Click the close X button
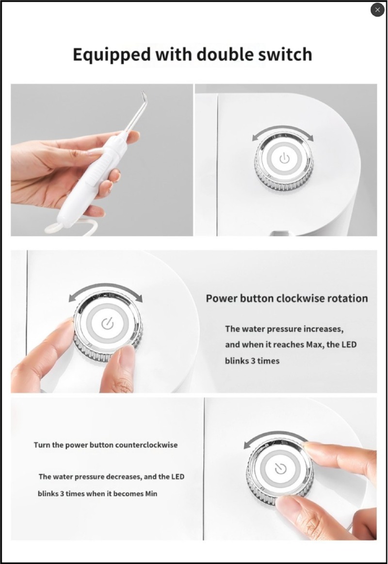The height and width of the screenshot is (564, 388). pyautogui.click(x=377, y=10)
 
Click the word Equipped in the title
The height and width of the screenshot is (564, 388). pyautogui.click(x=112, y=55)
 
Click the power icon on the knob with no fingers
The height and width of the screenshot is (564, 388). pyautogui.click(x=284, y=158)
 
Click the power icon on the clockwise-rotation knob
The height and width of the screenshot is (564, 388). pyautogui.click(x=107, y=324)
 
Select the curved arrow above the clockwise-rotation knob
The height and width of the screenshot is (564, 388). pyautogui.click(x=105, y=290)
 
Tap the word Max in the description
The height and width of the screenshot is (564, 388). pyautogui.click(x=315, y=345)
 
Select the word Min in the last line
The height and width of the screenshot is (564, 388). pyautogui.click(x=151, y=493)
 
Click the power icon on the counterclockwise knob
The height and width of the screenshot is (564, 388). pyautogui.click(x=280, y=469)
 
